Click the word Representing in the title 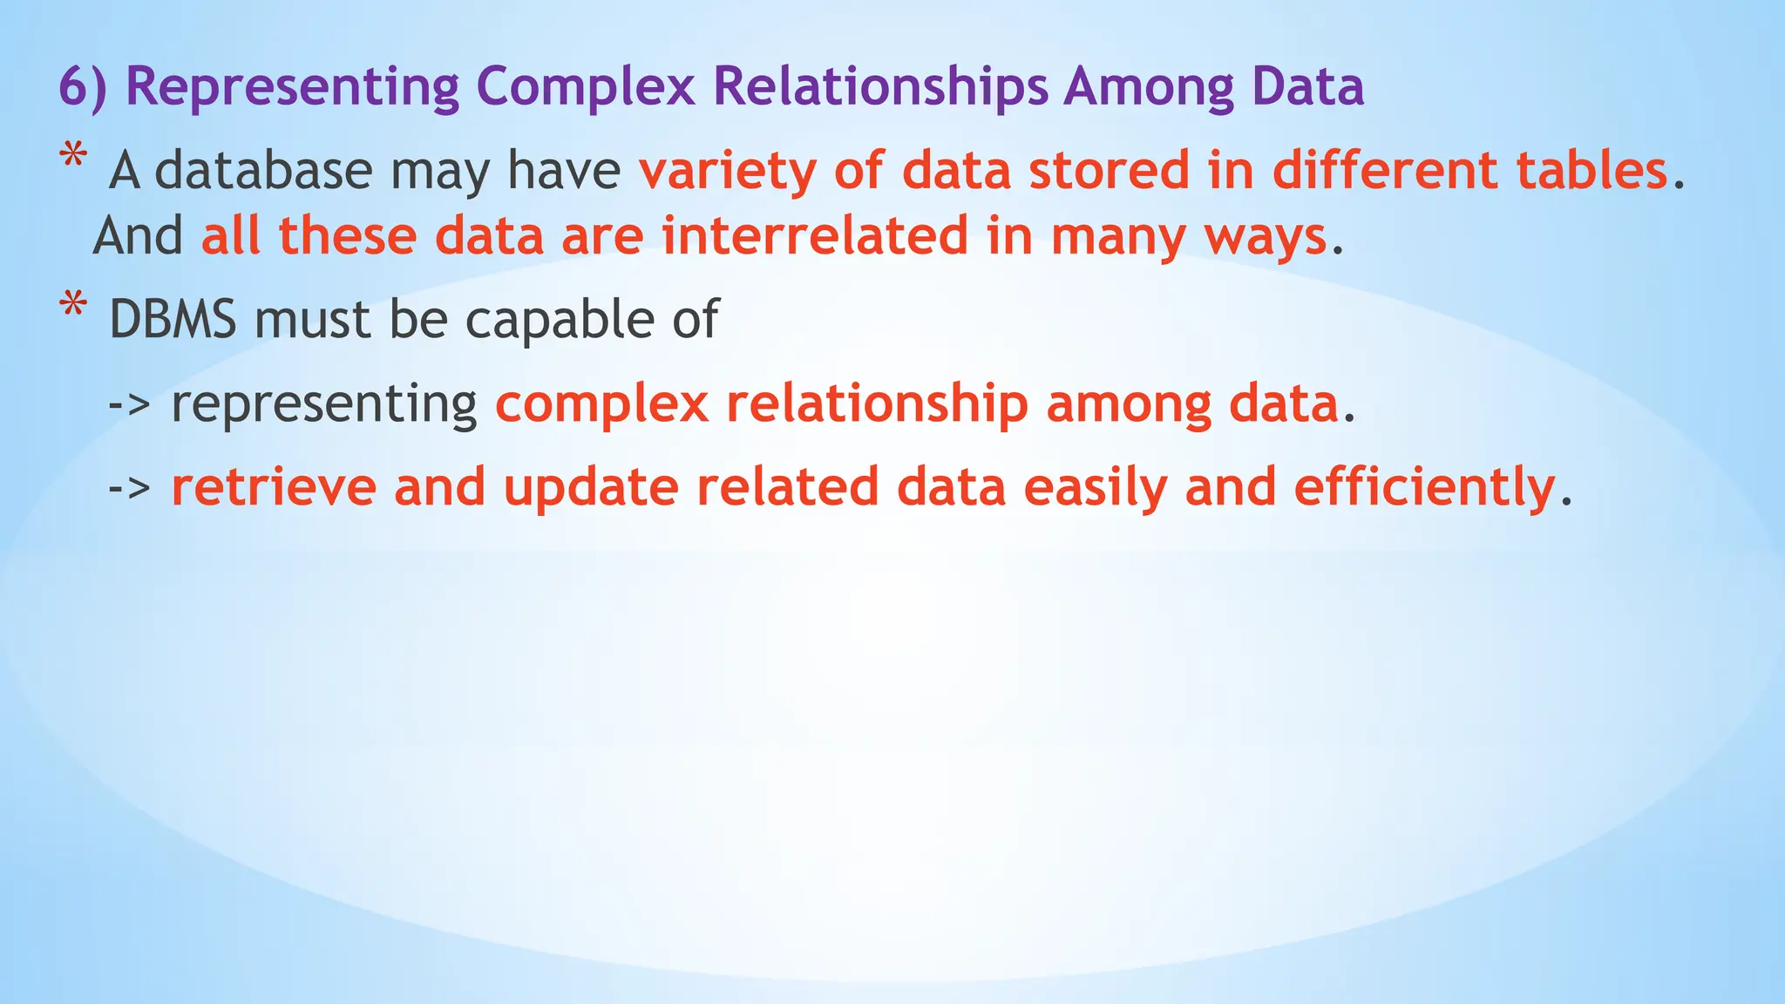tap(292, 87)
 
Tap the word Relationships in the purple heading tap(880, 87)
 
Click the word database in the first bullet tap(262, 170)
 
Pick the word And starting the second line tap(138, 236)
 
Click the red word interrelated tap(815, 236)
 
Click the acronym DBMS tap(173, 320)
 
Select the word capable tap(559, 320)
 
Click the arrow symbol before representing tap(130, 404)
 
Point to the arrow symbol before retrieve tap(130, 488)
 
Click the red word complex tap(601, 404)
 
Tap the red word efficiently tap(1424, 488)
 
